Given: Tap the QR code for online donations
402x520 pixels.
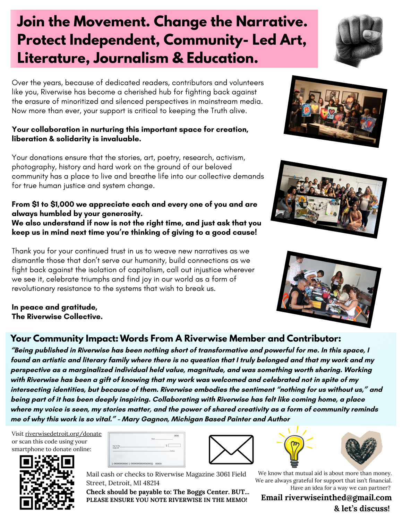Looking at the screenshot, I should coord(47,482).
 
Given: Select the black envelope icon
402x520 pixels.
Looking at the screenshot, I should coord(231,449).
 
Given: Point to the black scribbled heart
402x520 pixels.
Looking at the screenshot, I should coord(361,450).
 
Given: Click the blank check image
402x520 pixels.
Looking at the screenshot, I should coord(146,449).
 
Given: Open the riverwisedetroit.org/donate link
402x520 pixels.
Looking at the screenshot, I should coord(63,434).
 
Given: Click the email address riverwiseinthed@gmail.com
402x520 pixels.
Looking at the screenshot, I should coord(338,497).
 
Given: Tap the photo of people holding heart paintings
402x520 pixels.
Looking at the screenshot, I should coord(335,111).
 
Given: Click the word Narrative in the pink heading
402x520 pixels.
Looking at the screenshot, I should coord(272,21).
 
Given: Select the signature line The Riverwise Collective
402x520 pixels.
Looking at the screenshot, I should coord(57,317).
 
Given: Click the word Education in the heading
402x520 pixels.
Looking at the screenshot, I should coord(222,58).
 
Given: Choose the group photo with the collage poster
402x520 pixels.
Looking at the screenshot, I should coord(328,199).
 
